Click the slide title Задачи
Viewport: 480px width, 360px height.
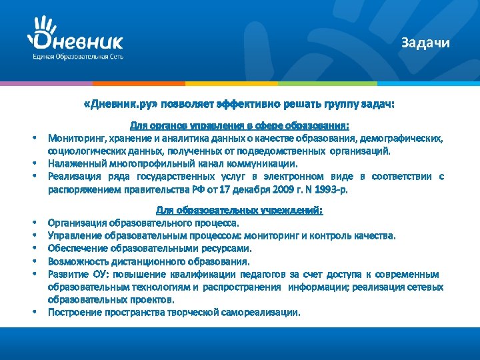(x=425, y=43)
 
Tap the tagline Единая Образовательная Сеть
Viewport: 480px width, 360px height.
(x=77, y=58)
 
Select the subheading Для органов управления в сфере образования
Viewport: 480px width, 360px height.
(x=239, y=125)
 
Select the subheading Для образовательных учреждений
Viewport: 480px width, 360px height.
(x=239, y=210)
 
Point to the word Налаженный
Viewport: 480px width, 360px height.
(x=73, y=163)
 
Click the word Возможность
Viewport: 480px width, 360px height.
(x=75, y=261)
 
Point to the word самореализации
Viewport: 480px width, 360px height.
(x=265, y=312)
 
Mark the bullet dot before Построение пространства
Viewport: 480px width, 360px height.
(x=32, y=313)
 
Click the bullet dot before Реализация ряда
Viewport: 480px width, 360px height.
(x=32, y=177)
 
